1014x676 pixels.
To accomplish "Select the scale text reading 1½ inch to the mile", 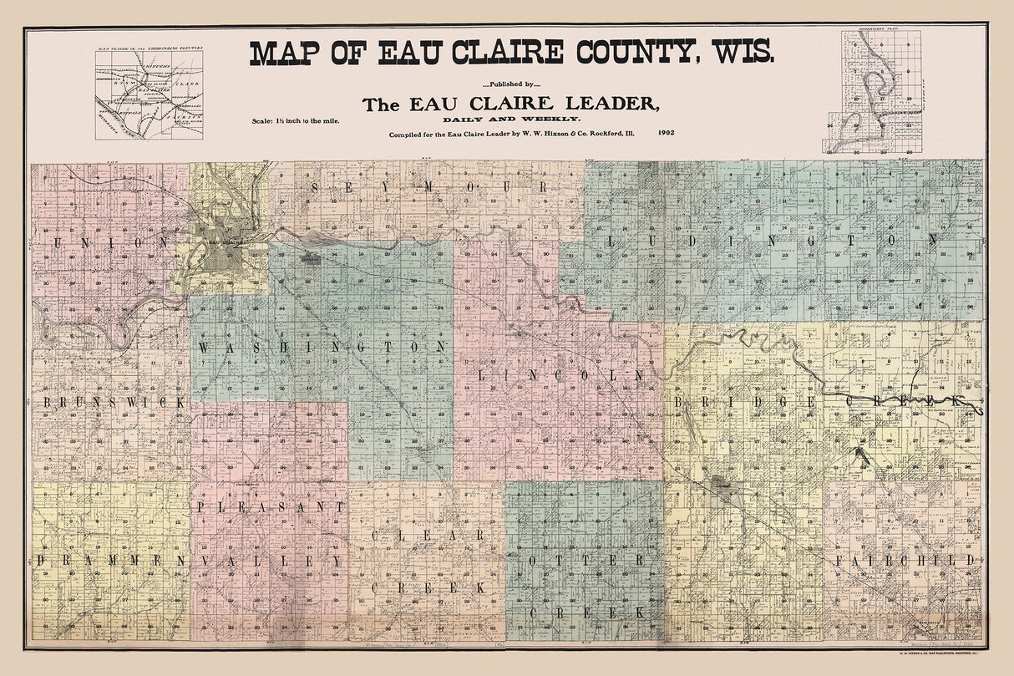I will (x=297, y=121).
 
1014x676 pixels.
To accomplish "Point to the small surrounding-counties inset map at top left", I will (x=149, y=92).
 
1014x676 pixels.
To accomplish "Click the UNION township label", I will (x=105, y=241).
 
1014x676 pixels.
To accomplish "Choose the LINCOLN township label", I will (x=560, y=376).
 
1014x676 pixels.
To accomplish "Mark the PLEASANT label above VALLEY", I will (x=271, y=506).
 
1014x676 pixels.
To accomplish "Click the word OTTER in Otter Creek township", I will (x=585, y=559).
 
